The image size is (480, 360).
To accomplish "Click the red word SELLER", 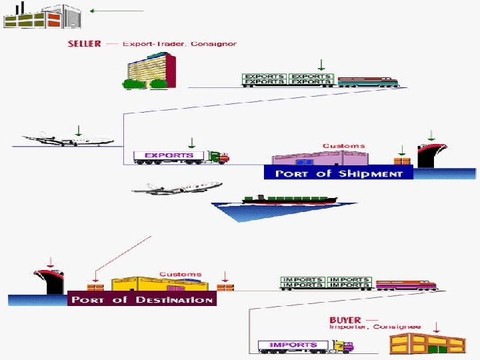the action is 85,44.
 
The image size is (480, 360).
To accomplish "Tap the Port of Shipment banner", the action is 339,173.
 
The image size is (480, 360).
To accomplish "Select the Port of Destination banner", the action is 142,299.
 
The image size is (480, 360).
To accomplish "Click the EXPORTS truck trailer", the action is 169,157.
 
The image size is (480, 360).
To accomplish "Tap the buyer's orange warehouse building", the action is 427,343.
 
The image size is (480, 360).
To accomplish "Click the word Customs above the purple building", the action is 343,145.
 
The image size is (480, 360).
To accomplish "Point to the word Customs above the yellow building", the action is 180,274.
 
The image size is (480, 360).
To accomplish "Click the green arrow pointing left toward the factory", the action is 116,11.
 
